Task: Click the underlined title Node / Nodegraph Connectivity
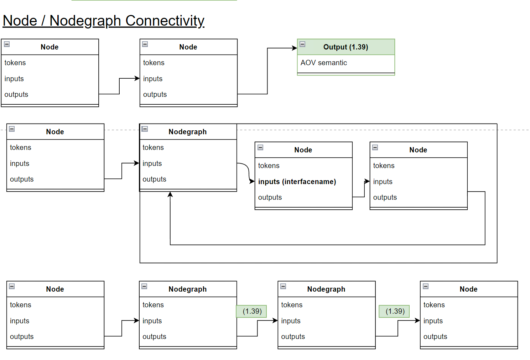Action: (x=103, y=21)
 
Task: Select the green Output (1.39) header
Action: (x=345, y=47)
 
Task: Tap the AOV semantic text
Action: (x=323, y=63)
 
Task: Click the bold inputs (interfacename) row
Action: (x=297, y=182)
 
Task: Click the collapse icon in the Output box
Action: (x=302, y=44)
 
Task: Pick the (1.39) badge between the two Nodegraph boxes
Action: (x=252, y=311)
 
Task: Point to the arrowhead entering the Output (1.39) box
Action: (x=295, y=48)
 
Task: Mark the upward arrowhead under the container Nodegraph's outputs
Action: (x=170, y=194)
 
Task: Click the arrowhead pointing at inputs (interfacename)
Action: (x=252, y=182)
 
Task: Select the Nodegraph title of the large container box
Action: (x=187, y=132)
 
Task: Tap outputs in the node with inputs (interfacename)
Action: (x=270, y=197)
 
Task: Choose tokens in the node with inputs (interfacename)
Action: (x=269, y=166)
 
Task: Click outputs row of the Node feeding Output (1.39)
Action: (x=155, y=94)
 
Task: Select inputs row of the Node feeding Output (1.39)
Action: (x=152, y=79)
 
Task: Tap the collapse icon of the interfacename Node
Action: (x=260, y=147)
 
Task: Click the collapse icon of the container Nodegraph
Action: (x=145, y=129)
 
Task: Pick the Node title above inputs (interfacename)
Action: (x=303, y=150)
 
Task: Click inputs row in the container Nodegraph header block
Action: (x=152, y=163)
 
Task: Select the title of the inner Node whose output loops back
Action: (x=418, y=150)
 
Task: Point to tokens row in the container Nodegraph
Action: (x=153, y=147)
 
